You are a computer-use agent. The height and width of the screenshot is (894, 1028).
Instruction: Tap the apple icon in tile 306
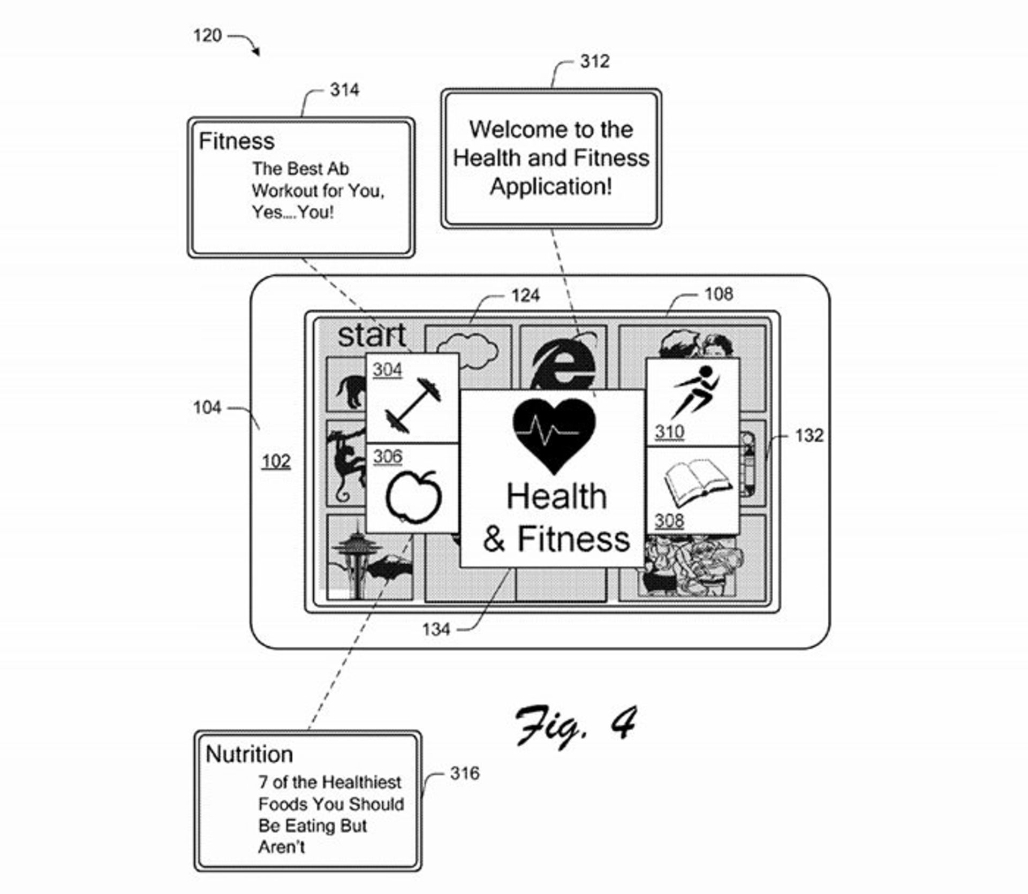coord(413,496)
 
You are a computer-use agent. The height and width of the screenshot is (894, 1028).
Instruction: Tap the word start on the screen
coord(372,336)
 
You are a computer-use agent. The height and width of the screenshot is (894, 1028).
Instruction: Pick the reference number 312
coord(594,62)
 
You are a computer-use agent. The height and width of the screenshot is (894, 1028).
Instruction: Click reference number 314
coord(344,90)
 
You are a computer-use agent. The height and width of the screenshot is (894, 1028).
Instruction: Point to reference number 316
coord(464,773)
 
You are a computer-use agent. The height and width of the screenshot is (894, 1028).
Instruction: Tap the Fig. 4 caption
coord(576,726)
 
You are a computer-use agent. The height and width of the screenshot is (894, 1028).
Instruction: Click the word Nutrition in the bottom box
coord(249,754)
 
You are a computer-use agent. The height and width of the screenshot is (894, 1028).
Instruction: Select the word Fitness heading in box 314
coord(236,141)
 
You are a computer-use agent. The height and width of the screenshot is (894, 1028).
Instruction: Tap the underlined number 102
coord(276,461)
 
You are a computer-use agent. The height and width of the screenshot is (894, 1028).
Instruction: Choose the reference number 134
coord(436,629)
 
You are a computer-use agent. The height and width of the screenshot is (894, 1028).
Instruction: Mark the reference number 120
coord(207,36)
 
